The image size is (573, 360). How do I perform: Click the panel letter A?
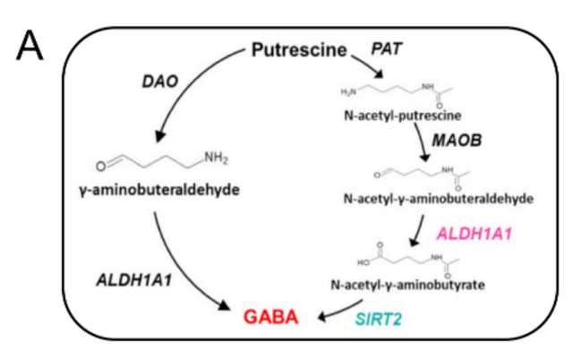click(x=30, y=46)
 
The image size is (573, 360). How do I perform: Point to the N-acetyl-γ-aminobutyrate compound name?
click(x=410, y=285)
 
